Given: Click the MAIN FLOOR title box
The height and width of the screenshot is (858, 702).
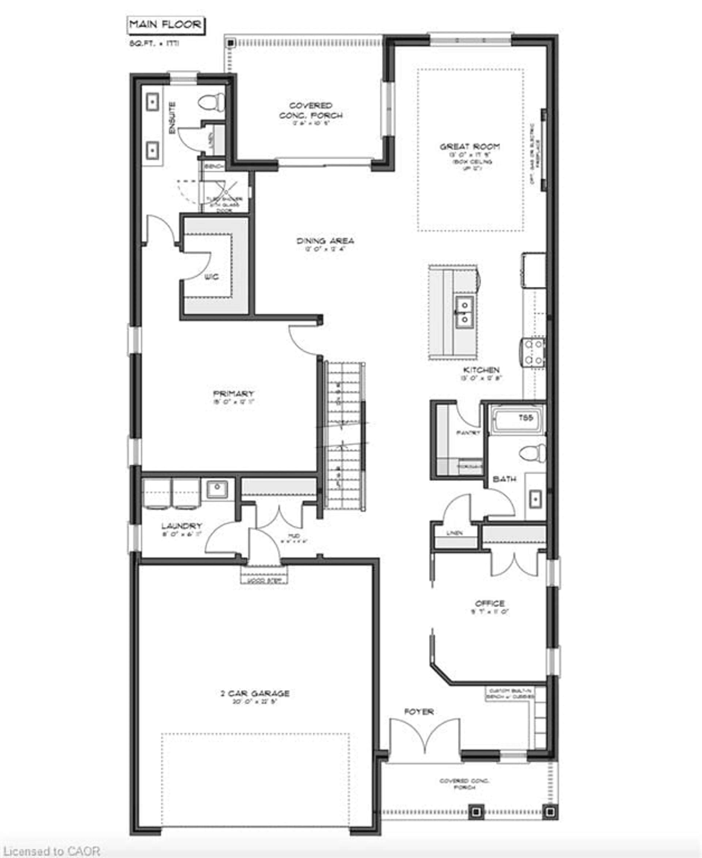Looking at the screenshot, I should tap(165, 25).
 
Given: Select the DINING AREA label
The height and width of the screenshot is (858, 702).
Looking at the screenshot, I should tap(325, 241).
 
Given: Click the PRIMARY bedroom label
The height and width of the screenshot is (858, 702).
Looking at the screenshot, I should tap(234, 394).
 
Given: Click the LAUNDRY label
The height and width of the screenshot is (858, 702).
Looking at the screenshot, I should tap(182, 526).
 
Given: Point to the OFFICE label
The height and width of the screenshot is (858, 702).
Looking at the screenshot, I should tap(490, 603).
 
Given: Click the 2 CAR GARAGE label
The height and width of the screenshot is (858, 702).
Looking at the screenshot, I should tap(255, 694).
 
